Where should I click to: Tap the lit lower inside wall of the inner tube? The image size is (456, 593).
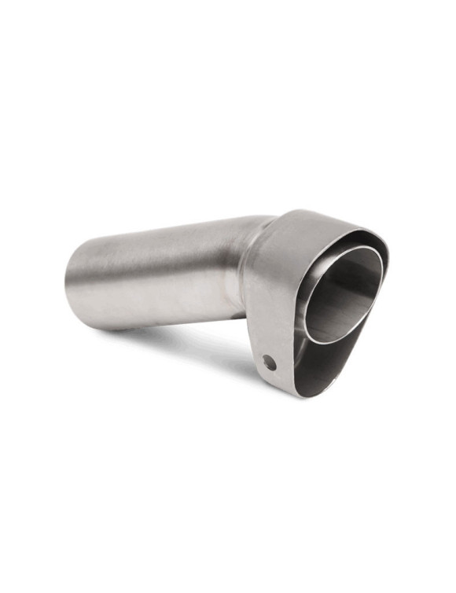click(x=338, y=322)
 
